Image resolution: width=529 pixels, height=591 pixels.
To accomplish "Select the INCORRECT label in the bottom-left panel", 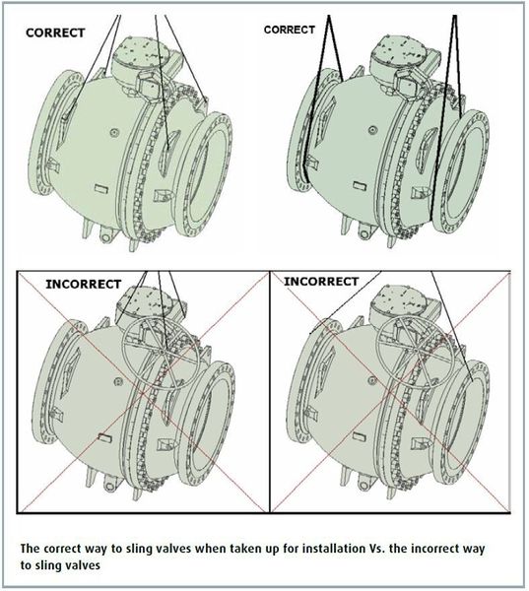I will click(84, 284).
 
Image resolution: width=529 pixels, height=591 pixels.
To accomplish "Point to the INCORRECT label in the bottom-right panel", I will click(321, 281).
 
